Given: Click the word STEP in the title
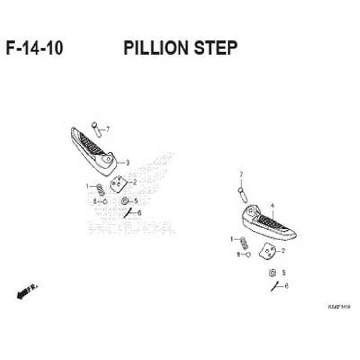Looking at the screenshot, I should point(216,48).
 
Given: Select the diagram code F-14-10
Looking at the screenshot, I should point(35,48).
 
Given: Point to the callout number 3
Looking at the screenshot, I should point(128,163).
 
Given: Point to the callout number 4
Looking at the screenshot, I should point(272,205).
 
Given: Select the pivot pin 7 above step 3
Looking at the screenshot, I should point(96,128).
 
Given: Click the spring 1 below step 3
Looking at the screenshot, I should point(100,189).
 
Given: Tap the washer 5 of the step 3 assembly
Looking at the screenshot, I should point(125,201).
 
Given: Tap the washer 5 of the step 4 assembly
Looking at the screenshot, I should point(272,273).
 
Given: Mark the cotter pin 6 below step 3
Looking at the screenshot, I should point(127,213).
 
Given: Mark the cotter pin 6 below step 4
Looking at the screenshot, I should point(275,287).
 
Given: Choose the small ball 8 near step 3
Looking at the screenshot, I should point(105,201).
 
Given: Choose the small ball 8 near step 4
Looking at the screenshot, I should point(248,254).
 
